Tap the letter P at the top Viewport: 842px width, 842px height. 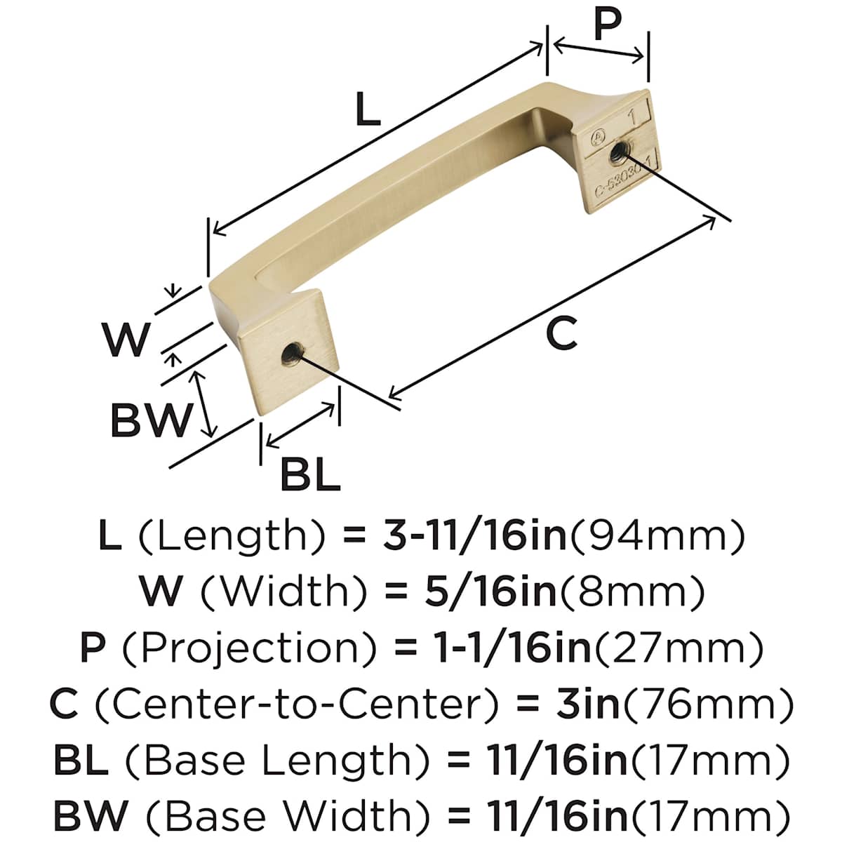(x=608, y=25)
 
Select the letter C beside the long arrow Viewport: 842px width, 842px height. (x=561, y=333)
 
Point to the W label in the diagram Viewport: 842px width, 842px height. (x=126, y=339)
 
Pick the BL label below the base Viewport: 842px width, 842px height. (x=310, y=474)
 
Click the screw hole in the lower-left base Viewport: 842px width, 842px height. (x=290, y=352)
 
